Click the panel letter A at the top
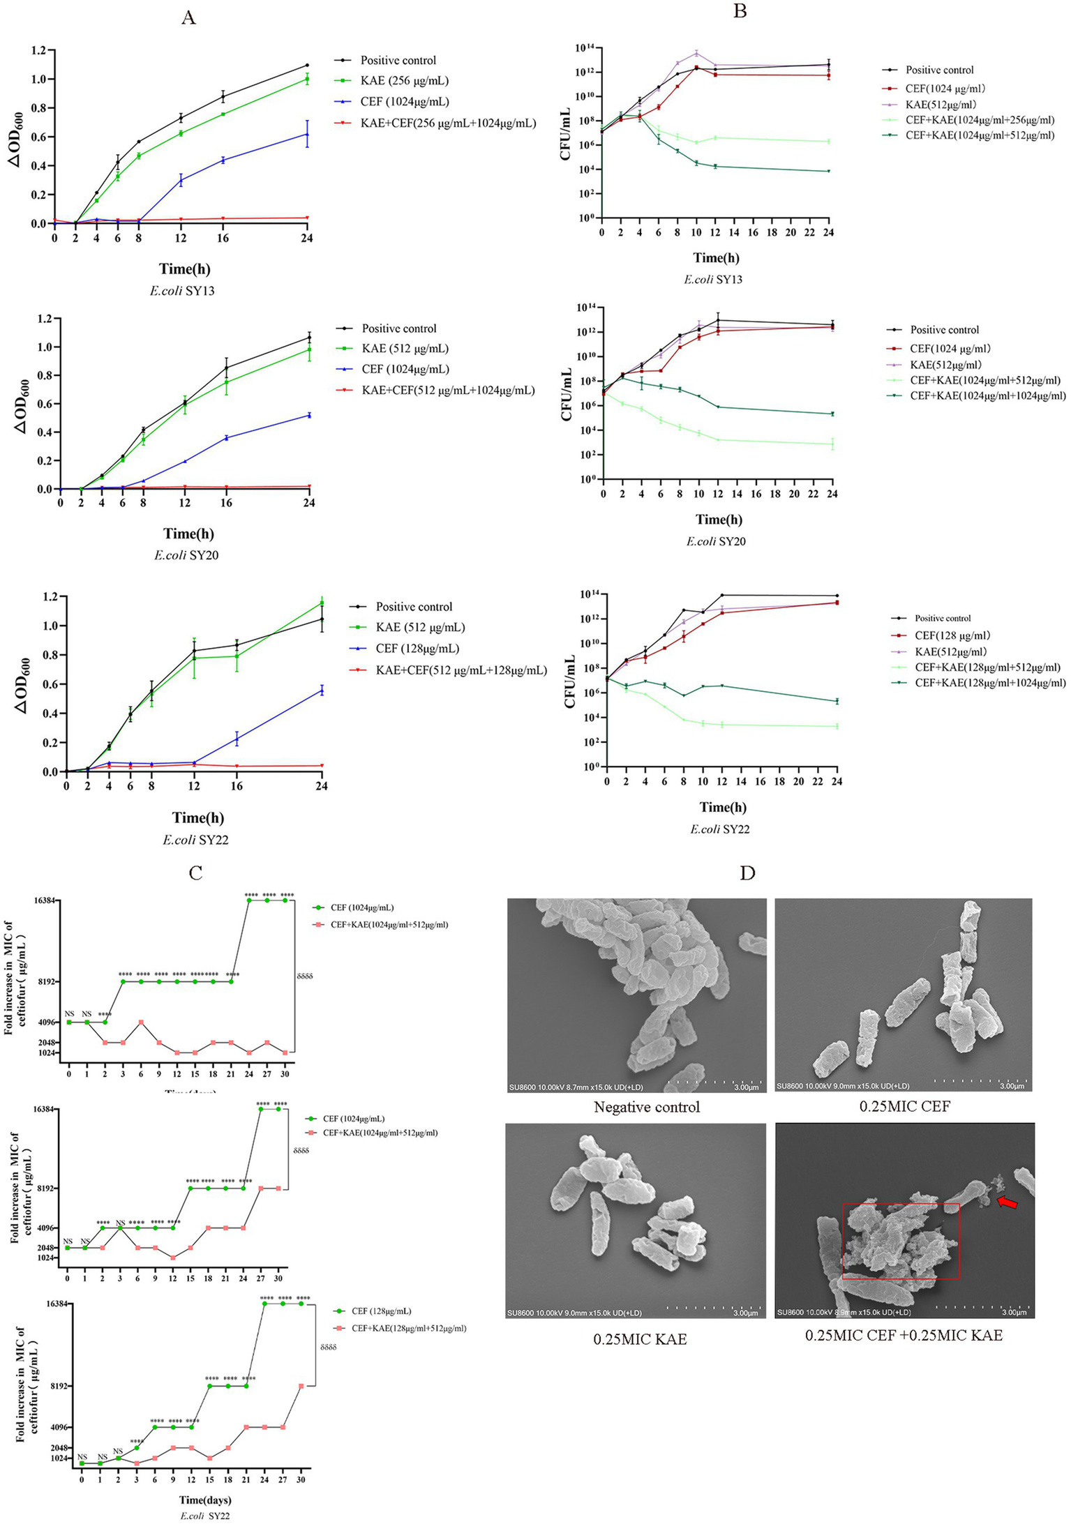click(x=188, y=18)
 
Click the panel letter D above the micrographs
click(x=747, y=873)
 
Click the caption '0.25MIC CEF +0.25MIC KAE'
click(x=904, y=1335)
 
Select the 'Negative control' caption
click(x=646, y=1107)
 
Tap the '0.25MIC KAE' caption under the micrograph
click(x=640, y=1338)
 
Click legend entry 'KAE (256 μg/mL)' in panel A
click(x=404, y=81)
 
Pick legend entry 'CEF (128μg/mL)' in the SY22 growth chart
click(x=417, y=649)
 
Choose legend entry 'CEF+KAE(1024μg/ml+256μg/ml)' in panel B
click(x=980, y=120)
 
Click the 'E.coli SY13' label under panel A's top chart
click(x=182, y=291)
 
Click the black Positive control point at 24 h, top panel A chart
click(x=307, y=66)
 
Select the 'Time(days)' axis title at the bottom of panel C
click(x=205, y=1500)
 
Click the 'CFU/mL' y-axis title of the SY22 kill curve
click(x=570, y=681)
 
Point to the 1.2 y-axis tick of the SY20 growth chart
click(x=45, y=319)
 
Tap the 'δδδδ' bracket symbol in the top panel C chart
click(x=305, y=976)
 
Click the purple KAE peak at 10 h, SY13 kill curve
click(x=696, y=53)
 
